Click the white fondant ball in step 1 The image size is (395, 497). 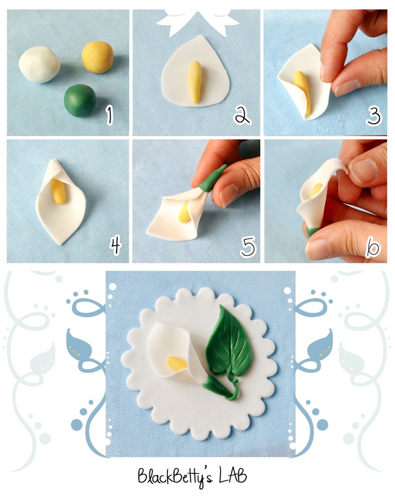(39, 65)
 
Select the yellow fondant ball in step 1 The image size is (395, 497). (97, 57)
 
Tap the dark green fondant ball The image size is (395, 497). (80, 100)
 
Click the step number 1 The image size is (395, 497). (109, 115)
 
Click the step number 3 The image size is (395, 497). (374, 116)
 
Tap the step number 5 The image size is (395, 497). (248, 246)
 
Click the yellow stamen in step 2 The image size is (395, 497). (194, 82)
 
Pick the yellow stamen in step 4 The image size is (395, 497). (58, 191)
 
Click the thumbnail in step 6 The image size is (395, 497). (364, 170)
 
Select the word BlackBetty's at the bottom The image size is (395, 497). (175, 477)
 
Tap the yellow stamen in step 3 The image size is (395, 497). (302, 92)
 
